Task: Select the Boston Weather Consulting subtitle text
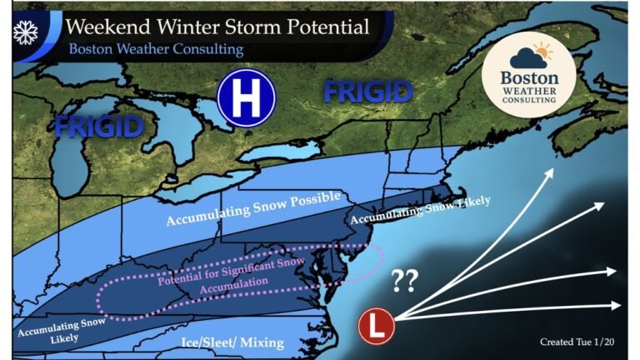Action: [156, 49]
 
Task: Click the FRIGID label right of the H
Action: [368, 91]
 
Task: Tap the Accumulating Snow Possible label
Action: [254, 208]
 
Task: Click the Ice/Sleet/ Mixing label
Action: [232, 342]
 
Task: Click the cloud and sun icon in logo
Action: [529, 57]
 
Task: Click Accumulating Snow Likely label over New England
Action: [420, 211]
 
